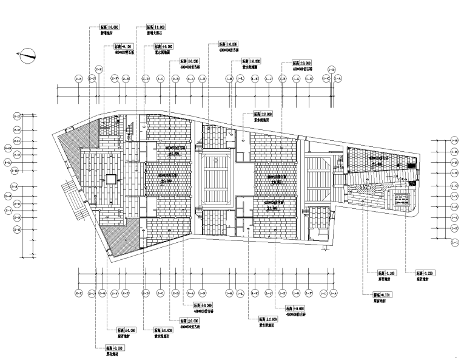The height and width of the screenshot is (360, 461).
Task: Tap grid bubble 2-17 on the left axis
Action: (x=17, y=115)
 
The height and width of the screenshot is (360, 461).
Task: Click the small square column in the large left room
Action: (x=110, y=178)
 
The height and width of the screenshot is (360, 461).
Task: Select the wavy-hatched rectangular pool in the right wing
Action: (x=402, y=199)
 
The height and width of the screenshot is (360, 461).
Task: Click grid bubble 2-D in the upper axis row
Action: (x=146, y=79)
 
